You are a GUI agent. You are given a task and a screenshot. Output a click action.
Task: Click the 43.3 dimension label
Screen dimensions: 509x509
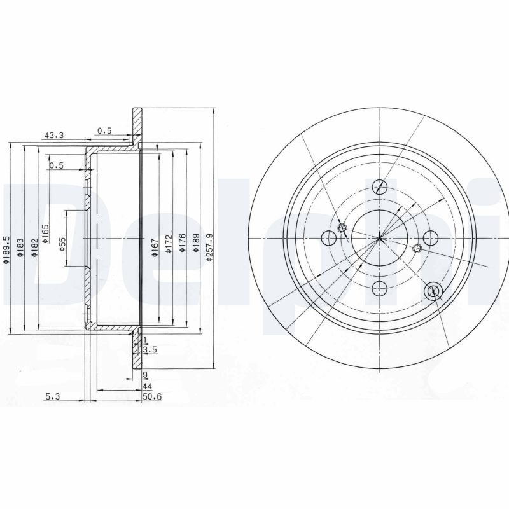tap(53, 135)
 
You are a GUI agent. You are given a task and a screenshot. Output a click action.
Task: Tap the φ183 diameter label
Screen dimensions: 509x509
tap(20, 248)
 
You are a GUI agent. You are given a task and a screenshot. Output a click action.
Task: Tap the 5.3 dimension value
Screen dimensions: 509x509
tap(53, 398)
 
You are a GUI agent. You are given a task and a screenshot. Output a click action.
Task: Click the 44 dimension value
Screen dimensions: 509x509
tap(147, 386)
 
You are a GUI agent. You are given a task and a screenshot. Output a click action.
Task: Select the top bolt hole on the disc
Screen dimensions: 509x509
tap(380, 186)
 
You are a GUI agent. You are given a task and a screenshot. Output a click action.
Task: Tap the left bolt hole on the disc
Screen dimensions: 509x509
tap(330, 239)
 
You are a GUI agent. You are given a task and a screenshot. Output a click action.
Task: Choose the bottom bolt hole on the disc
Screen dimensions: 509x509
tap(380, 288)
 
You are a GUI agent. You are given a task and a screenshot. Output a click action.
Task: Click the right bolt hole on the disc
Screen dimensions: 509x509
tap(431, 239)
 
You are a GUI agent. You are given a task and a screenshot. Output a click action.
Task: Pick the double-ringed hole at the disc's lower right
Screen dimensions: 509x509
tap(433, 290)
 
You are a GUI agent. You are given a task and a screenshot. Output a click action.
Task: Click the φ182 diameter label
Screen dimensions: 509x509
tap(34, 248)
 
